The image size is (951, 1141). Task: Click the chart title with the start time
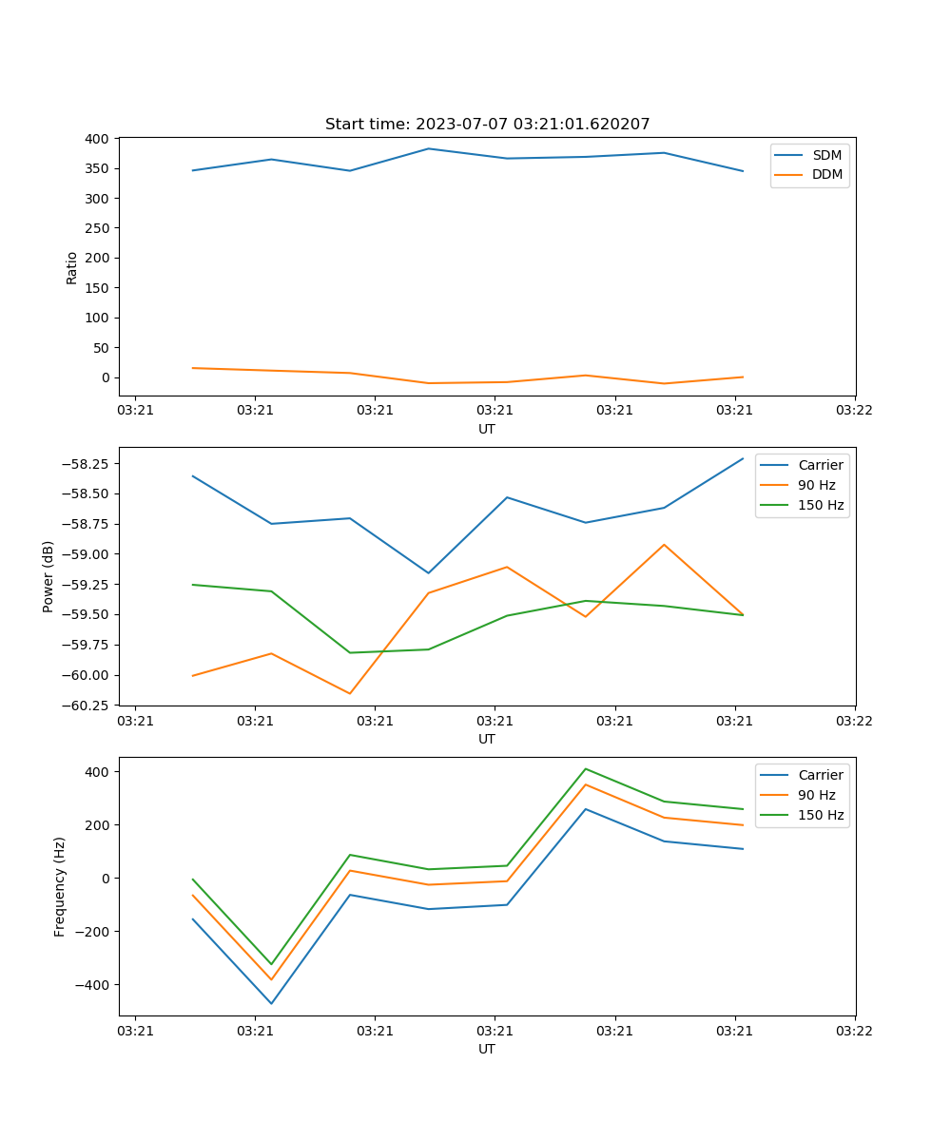point(487,125)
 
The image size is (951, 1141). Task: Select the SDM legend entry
point(826,155)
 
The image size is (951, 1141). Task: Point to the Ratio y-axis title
point(72,267)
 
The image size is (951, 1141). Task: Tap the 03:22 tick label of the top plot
point(854,411)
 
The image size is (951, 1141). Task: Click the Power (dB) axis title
point(49,576)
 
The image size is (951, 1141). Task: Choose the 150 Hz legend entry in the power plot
point(821,505)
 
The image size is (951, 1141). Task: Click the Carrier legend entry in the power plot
point(821,465)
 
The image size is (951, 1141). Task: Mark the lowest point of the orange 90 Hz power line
point(350,693)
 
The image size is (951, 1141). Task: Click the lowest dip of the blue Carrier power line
point(428,573)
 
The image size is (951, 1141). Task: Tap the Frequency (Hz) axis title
point(60,886)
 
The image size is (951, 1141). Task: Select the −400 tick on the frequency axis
point(94,985)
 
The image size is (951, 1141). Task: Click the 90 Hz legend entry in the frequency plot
point(816,795)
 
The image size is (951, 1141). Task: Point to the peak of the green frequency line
point(585,768)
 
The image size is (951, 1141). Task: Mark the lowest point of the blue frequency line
point(271,1003)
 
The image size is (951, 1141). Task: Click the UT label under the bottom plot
point(487,1049)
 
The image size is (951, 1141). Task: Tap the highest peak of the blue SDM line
point(428,148)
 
